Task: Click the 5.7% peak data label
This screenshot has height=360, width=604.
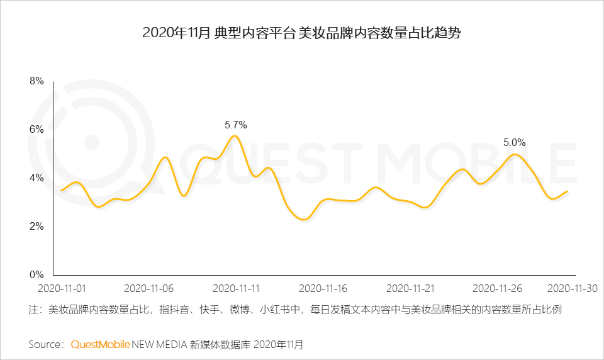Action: [x=236, y=125]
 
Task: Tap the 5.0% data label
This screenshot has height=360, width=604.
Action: [x=514, y=143]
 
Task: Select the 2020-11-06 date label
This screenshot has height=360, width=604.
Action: [x=148, y=288]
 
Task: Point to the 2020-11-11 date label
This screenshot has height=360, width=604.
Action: [x=236, y=288]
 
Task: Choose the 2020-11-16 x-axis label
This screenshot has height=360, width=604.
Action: [x=323, y=288]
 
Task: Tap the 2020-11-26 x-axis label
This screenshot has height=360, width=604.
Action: [x=497, y=288]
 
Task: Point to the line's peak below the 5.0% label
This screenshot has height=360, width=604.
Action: [x=515, y=154]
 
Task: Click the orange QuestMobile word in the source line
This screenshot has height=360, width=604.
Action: [x=100, y=344]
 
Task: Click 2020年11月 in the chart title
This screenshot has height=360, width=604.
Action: [x=176, y=33]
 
